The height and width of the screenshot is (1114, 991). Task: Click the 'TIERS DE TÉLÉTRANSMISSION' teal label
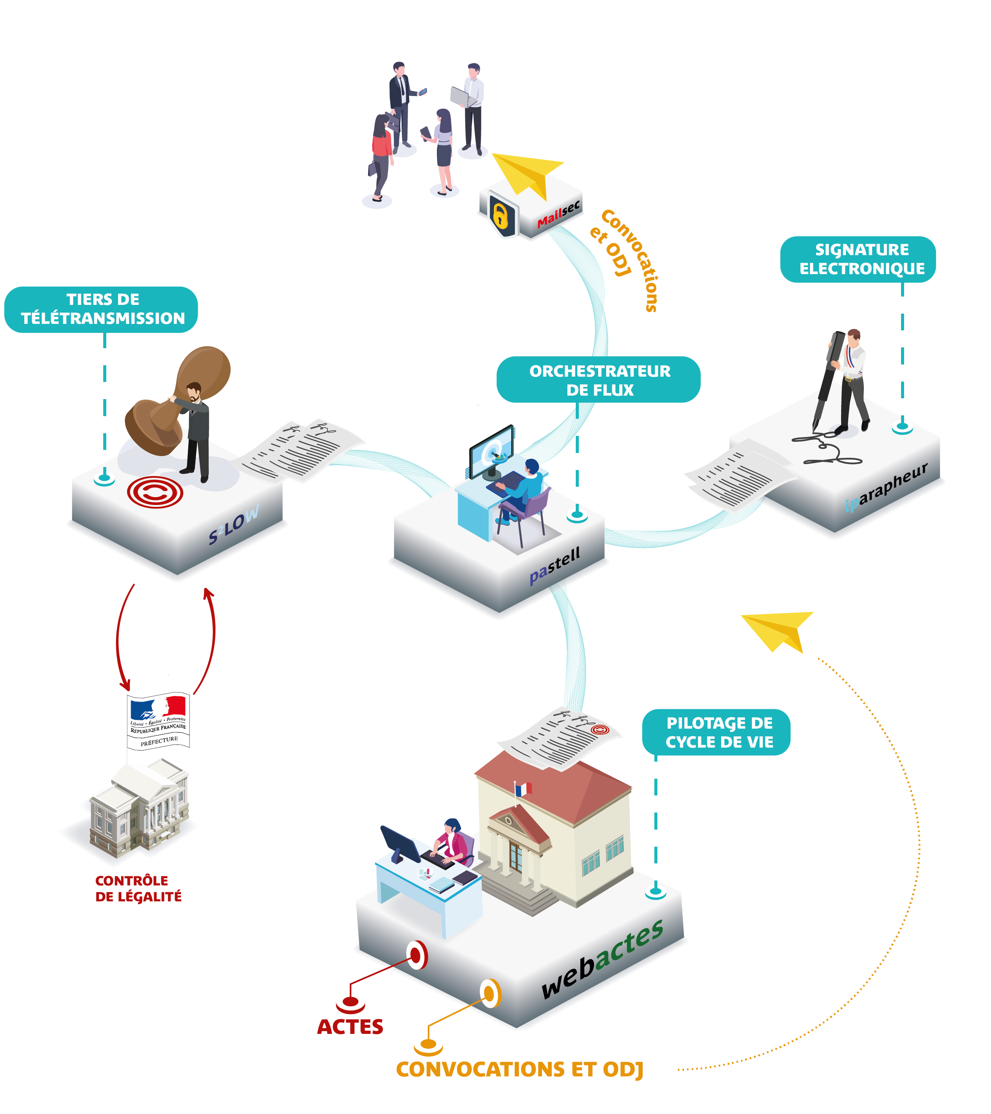click(101, 309)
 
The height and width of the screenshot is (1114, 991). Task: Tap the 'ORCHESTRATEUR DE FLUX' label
click(599, 380)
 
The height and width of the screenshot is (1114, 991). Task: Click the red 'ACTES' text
click(350, 1027)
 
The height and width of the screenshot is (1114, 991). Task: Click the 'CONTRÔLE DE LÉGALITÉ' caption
click(138, 888)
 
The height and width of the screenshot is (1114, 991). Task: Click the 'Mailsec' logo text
click(558, 214)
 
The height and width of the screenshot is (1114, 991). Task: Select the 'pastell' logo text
click(555, 565)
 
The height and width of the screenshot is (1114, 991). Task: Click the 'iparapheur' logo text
click(886, 487)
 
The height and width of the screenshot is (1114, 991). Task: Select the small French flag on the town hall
click(523, 789)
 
